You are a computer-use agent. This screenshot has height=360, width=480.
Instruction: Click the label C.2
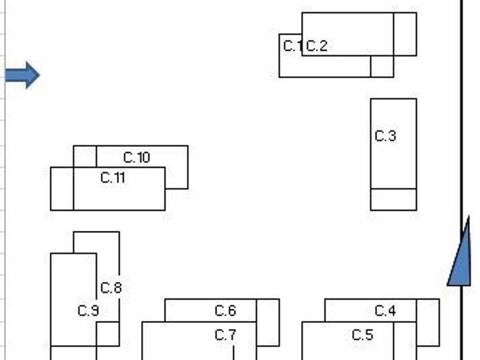317,46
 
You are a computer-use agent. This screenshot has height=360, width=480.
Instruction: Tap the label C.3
385,136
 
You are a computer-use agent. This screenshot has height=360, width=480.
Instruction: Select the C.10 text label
137,157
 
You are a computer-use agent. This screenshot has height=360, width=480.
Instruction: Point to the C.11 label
113,178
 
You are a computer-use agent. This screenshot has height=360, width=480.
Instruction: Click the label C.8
111,287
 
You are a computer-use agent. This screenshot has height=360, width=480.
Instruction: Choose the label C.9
88,311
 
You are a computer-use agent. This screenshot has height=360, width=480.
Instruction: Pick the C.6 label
225,311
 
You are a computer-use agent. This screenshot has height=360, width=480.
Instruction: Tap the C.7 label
225,335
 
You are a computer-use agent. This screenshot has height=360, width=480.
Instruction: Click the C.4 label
385,311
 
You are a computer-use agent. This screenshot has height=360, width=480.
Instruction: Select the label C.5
362,335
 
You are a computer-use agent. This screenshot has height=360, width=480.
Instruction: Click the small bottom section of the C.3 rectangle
393,199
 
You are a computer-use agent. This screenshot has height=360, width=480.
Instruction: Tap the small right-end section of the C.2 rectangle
405,34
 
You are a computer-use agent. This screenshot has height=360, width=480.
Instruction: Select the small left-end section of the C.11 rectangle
62,189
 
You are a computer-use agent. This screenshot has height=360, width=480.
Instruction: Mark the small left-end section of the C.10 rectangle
85,156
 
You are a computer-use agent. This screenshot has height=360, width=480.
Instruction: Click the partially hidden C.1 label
291,46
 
